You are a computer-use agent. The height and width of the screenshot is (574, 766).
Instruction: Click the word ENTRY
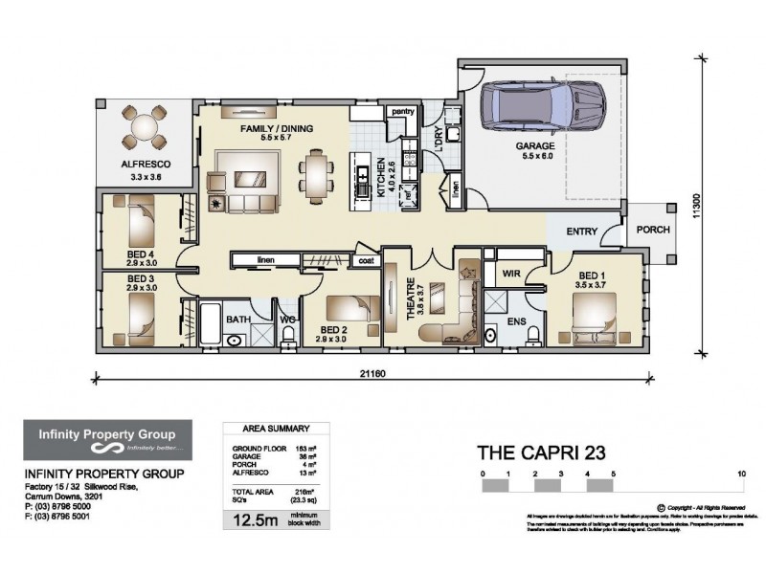click(582, 231)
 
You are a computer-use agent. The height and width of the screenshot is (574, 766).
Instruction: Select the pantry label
click(402, 112)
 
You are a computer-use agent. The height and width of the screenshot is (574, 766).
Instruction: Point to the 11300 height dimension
click(699, 210)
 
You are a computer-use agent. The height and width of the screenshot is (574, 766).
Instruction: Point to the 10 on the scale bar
click(742, 474)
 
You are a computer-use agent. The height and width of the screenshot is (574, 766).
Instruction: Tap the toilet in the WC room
click(287, 335)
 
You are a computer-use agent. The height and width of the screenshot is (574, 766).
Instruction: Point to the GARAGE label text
click(536, 146)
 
